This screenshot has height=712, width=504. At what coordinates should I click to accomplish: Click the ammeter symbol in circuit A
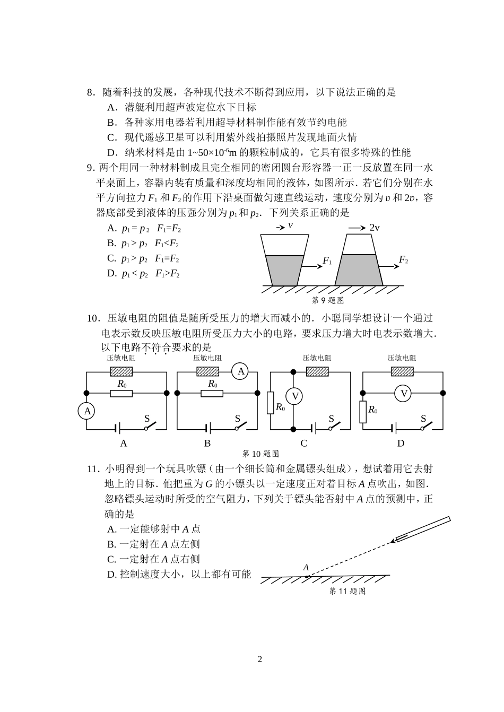[88, 411]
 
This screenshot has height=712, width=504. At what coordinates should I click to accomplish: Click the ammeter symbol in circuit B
[241, 371]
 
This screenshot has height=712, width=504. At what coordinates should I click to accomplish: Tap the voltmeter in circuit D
[404, 393]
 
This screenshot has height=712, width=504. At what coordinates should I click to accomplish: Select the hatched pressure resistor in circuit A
[121, 372]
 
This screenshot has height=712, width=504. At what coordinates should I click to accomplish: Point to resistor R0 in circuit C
[271, 403]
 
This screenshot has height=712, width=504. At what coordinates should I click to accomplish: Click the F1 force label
[327, 261]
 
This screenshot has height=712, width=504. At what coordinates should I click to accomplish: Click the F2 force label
[403, 260]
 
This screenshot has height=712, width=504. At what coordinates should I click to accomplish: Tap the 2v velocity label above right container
[374, 227]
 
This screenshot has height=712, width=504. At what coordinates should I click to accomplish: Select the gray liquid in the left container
[284, 270]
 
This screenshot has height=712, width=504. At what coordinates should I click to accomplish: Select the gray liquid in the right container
[360, 270]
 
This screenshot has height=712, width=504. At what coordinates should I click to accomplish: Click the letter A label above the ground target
[306, 567]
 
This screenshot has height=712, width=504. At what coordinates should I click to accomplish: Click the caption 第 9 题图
[327, 300]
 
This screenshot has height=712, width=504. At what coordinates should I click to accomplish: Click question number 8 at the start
[90, 92]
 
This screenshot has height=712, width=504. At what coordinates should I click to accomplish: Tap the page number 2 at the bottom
[259, 659]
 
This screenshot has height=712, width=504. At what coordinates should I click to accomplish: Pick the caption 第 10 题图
[260, 454]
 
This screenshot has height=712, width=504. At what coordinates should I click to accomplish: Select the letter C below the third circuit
[304, 444]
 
